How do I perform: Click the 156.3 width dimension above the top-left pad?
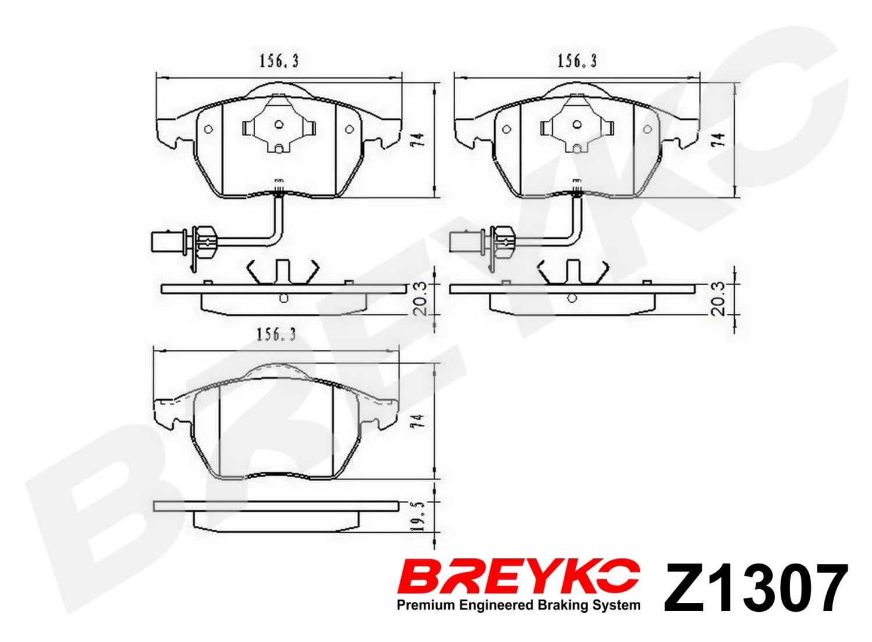click(279, 62)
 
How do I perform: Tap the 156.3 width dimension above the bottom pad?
click(276, 334)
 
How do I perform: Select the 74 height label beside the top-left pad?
click(418, 139)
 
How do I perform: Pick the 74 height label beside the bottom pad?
click(418, 422)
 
